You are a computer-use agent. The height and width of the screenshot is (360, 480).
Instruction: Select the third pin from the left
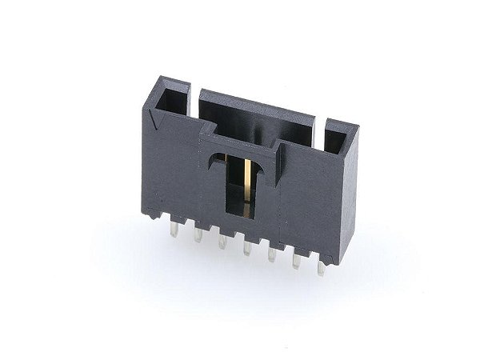point(221,241)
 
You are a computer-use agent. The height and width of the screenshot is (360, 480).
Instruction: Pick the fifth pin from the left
point(272,254)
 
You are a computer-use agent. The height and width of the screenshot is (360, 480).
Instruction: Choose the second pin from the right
point(296,262)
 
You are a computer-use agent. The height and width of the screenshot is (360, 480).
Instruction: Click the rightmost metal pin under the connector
point(321,267)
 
